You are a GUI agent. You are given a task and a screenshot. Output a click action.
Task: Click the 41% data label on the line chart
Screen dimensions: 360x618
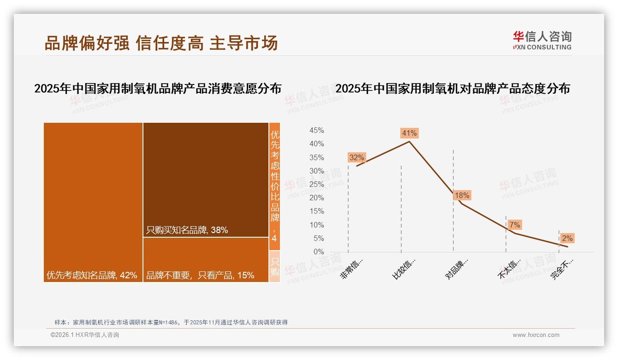click(409, 133)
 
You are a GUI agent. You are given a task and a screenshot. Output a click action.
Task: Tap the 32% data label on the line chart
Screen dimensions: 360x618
click(357, 157)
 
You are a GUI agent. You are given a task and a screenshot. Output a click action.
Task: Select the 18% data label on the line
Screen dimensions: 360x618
click(462, 196)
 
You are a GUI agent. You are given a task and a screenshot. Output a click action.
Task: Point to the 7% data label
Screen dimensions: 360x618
click(515, 225)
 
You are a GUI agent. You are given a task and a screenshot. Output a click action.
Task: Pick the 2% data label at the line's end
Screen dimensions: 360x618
click(567, 238)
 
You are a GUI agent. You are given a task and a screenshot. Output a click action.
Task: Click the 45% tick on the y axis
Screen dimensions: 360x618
click(316, 131)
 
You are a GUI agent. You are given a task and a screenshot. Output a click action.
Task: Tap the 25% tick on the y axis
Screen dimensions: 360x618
click(316, 185)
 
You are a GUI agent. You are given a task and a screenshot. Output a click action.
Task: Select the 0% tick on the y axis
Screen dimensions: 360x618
click(319, 252)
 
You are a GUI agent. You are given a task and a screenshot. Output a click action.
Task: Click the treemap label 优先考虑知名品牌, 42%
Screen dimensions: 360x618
click(92, 275)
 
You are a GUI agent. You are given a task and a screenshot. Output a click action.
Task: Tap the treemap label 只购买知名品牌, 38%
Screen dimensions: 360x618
click(187, 230)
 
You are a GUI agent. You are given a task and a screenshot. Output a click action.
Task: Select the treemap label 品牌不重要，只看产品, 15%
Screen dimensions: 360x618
click(200, 275)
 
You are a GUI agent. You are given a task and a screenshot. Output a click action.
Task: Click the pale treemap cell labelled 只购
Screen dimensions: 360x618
click(274, 267)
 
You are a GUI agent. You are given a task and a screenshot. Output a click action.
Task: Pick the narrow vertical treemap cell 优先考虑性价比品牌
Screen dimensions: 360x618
click(274, 185)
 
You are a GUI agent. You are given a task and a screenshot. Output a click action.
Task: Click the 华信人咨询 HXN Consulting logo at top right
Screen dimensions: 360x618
click(542, 41)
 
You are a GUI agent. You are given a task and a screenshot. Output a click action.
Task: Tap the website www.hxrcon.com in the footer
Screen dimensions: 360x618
click(536, 335)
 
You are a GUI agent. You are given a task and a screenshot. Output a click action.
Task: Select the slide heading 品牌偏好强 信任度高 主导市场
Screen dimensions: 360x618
click(161, 43)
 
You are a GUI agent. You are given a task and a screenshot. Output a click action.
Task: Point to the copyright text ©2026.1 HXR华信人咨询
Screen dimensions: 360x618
click(85, 335)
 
